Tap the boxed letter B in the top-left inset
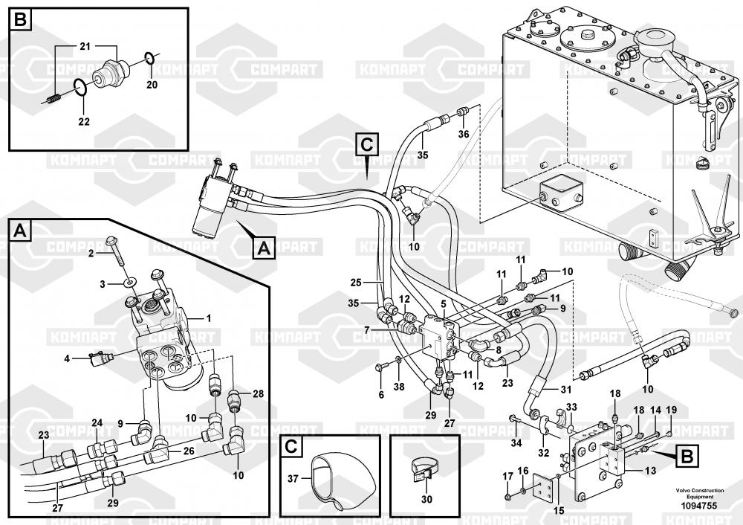(20, 20)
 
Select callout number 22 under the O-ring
(83, 122)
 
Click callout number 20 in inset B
(152, 85)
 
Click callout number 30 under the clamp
(426, 500)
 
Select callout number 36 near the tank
(464, 134)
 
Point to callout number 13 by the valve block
(650, 470)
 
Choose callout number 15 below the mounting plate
(558, 510)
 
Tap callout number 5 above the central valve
(442, 303)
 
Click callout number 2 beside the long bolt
(91, 254)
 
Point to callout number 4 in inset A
(67, 358)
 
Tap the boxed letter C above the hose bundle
(367, 141)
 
